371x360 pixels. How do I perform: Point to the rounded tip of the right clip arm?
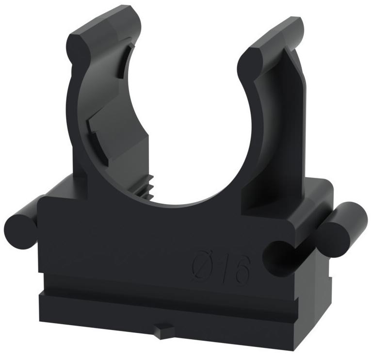250,60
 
